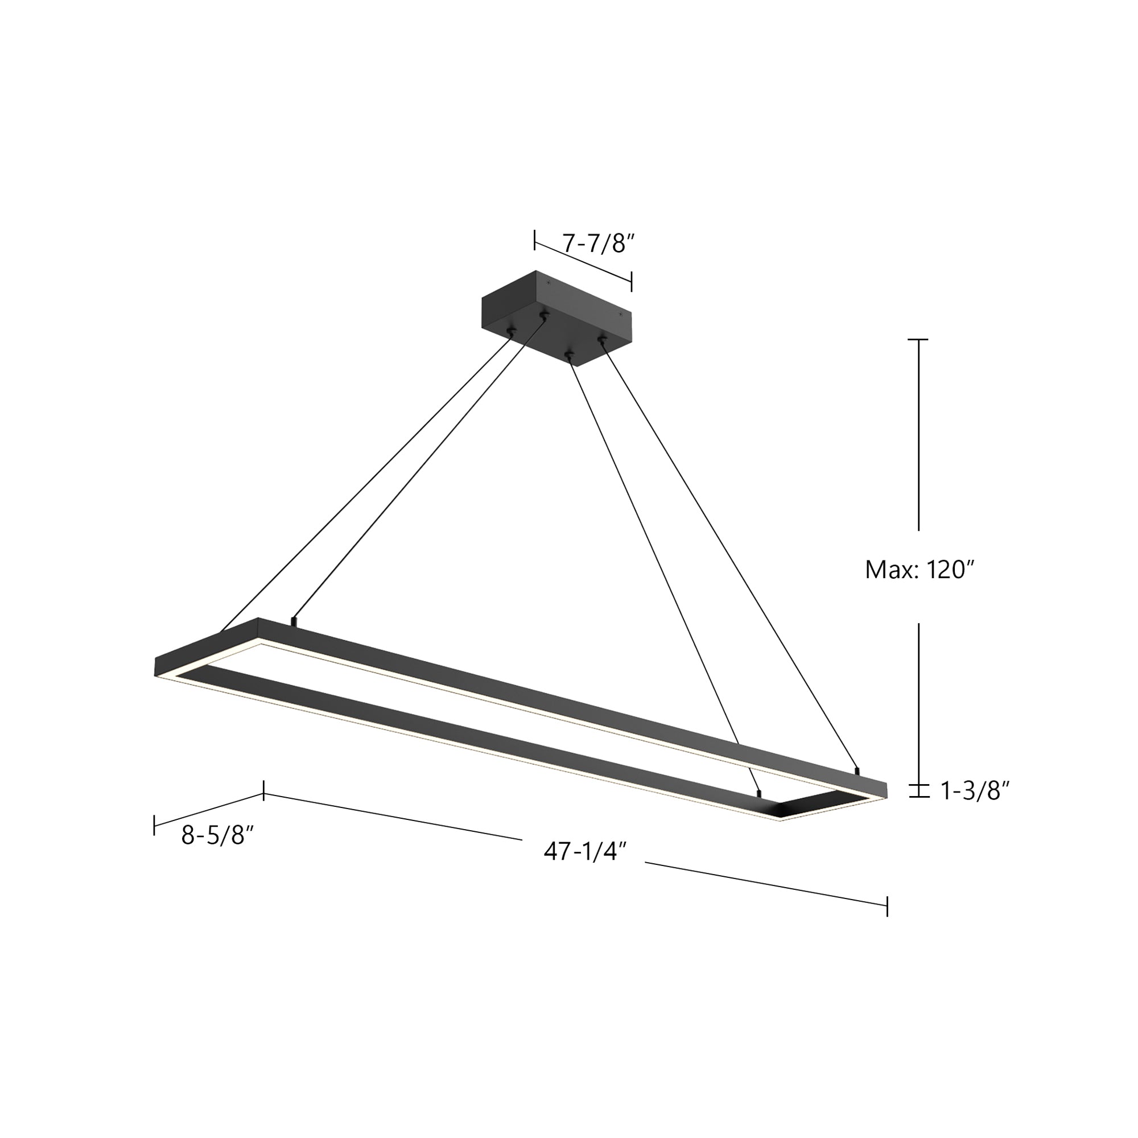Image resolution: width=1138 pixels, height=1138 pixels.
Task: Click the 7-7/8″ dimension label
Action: click(598, 244)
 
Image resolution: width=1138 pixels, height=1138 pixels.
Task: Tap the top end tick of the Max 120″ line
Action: click(918, 340)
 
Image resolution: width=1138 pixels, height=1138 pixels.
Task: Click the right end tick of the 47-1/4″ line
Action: click(887, 906)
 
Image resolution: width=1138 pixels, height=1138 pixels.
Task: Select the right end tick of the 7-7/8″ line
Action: click(632, 282)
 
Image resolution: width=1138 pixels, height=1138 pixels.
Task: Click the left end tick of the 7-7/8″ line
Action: click(535, 240)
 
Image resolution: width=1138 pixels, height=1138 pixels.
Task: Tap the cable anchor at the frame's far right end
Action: click(857, 769)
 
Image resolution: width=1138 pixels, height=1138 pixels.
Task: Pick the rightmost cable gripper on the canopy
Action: click(601, 339)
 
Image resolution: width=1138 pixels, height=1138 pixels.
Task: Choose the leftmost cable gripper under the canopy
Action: click(511, 333)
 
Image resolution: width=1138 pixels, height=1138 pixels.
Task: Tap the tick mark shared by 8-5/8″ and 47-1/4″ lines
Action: click(263, 790)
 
